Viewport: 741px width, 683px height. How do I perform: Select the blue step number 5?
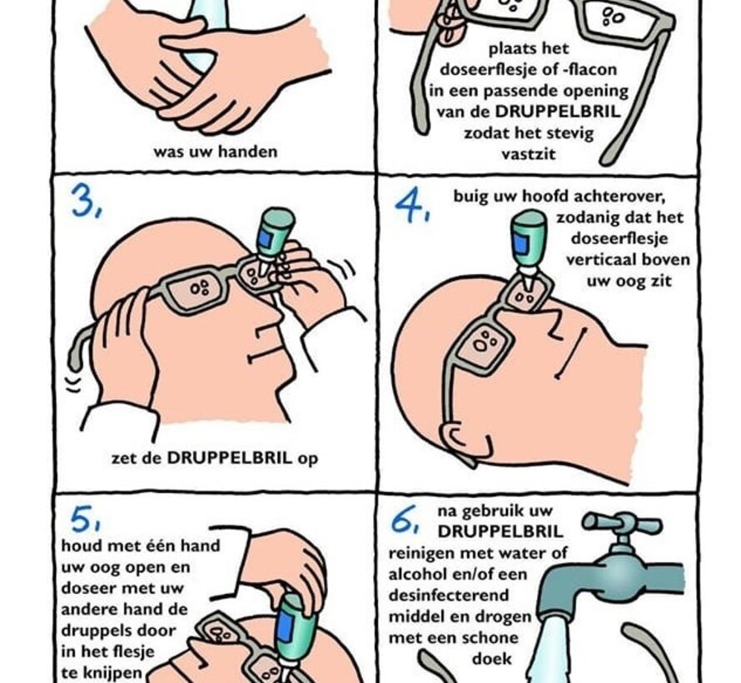(x=86, y=521)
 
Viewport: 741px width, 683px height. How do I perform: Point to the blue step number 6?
(x=405, y=523)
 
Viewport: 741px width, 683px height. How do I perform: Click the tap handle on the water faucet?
(x=620, y=524)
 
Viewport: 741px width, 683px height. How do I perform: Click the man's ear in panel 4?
(x=460, y=436)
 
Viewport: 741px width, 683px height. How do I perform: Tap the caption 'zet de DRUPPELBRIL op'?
(x=214, y=457)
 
